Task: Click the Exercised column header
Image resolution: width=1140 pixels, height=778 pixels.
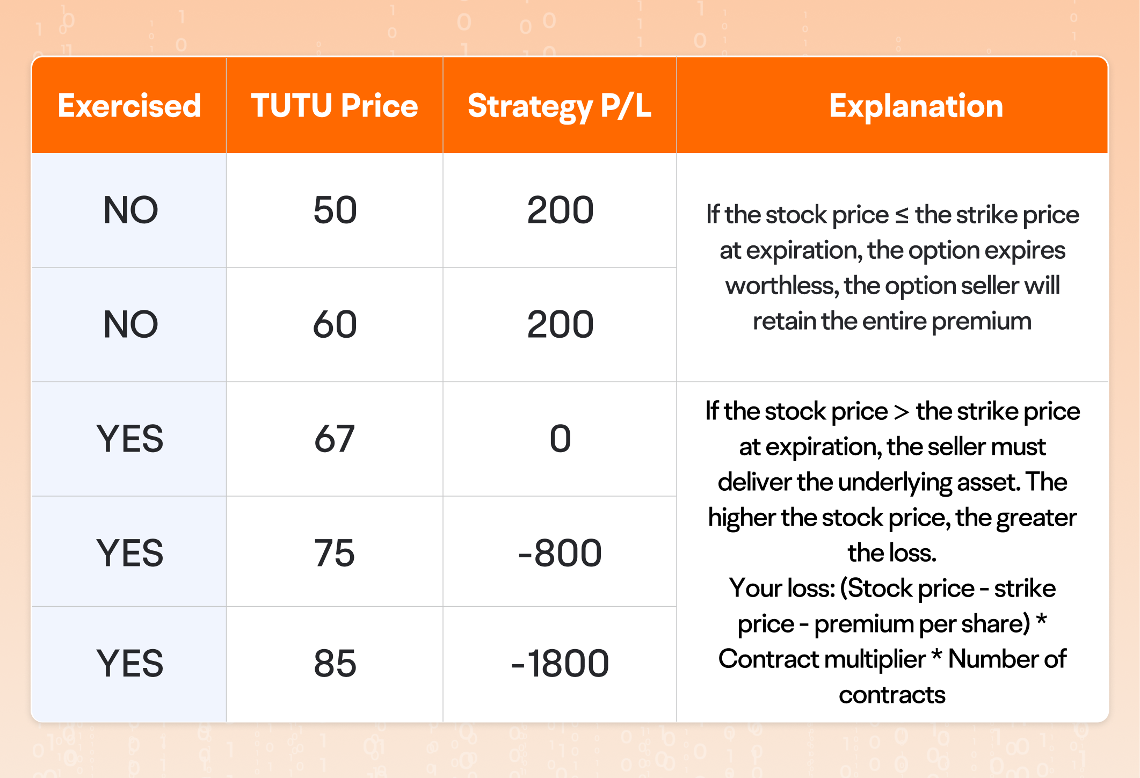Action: [x=129, y=105]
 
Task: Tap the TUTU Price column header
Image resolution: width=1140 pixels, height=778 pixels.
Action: [x=334, y=105]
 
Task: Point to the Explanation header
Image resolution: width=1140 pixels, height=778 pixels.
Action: [x=916, y=105]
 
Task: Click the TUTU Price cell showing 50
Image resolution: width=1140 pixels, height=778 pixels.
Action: [x=335, y=210]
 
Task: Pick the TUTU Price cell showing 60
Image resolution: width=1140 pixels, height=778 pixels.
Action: [x=335, y=324]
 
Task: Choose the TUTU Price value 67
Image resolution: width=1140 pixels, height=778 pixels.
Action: [x=335, y=439]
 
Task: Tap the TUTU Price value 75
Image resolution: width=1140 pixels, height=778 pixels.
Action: [x=335, y=553]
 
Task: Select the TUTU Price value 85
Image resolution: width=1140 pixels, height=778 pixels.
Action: [x=335, y=663]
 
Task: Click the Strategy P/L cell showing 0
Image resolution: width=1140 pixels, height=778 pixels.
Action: [x=560, y=439]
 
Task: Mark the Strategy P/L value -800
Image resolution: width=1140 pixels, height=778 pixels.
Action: [x=560, y=553]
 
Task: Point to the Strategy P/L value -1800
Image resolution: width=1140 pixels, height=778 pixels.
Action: [x=560, y=663]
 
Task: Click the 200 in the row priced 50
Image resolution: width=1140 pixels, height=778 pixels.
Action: [x=560, y=210]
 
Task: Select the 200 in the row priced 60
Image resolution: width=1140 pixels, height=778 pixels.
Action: [x=560, y=324]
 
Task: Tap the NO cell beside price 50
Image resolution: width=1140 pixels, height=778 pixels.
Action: [x=130, y=210]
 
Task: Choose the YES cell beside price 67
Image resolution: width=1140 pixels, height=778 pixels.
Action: [x=130, y=439]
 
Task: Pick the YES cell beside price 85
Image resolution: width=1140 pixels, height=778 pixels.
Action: [x=130, y=663]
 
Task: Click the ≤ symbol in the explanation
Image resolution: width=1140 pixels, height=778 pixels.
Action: [x=902, y=215]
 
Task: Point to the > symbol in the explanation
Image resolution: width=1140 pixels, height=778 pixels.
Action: [x=902, y=412]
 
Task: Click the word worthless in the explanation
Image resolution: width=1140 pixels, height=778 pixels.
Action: [x=782, y=286]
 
